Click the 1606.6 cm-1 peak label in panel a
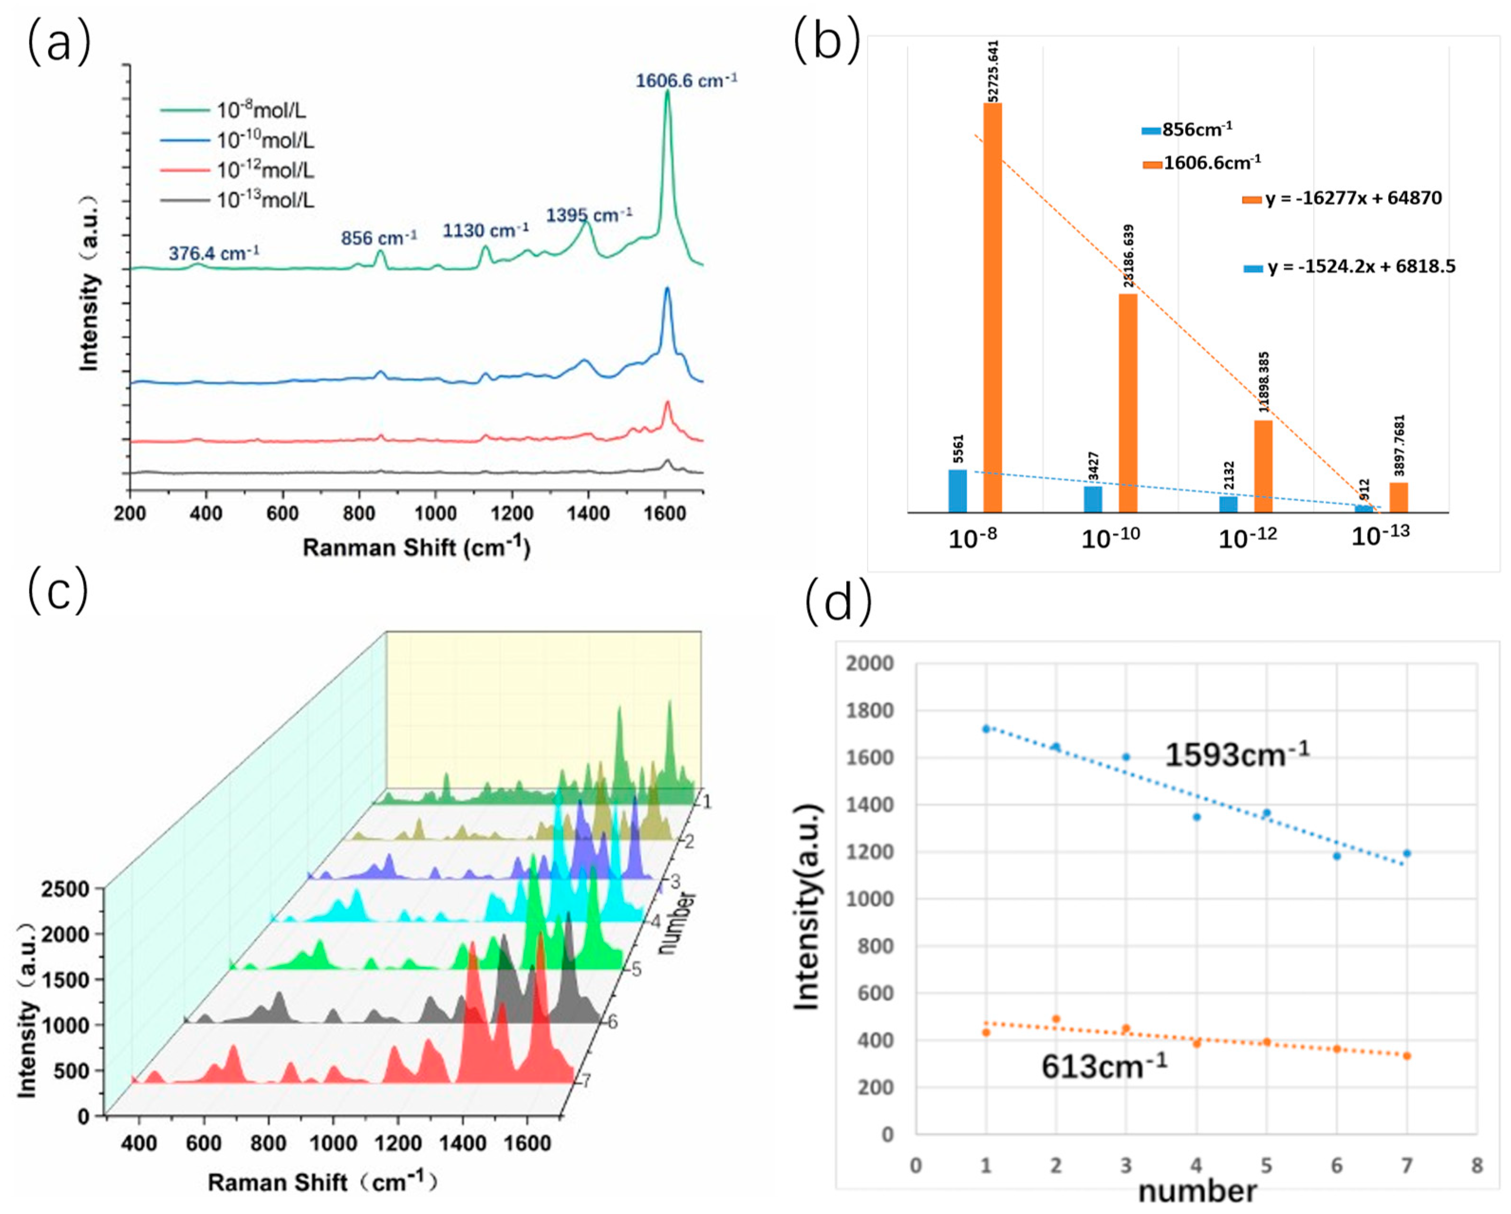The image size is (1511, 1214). click(x=685, y=81)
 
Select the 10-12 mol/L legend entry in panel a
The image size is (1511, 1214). click(x=265, y=170)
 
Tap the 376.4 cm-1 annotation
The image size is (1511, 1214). click(x=214, y=253)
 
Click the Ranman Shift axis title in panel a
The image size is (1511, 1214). click(x=416, y=547)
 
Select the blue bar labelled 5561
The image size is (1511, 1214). click(x=957, y=491)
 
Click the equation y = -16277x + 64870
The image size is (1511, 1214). click(x=1352, y=198)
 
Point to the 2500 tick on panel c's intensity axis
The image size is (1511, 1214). click(x=65, y=889)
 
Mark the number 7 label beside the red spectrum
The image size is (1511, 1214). click(x=587, y=1081)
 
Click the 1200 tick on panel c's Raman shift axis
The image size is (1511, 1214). click(x=397, y=1144)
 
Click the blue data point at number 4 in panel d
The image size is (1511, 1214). click(x=1196, y=817)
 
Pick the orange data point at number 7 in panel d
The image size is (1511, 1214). click(x=1407, y=1055)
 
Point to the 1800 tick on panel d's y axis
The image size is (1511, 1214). click(x=870, y=711)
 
